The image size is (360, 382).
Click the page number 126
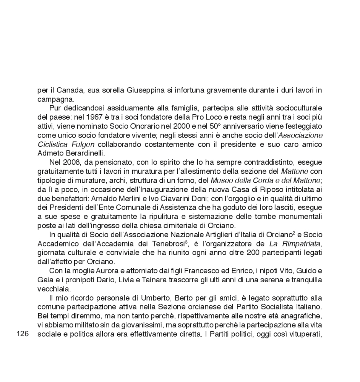pyautogui.click(x=23, y=334)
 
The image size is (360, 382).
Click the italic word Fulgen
pyautogui.click(x=83, y=144)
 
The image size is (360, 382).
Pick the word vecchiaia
pyautogui.click(x=51, y=289)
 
